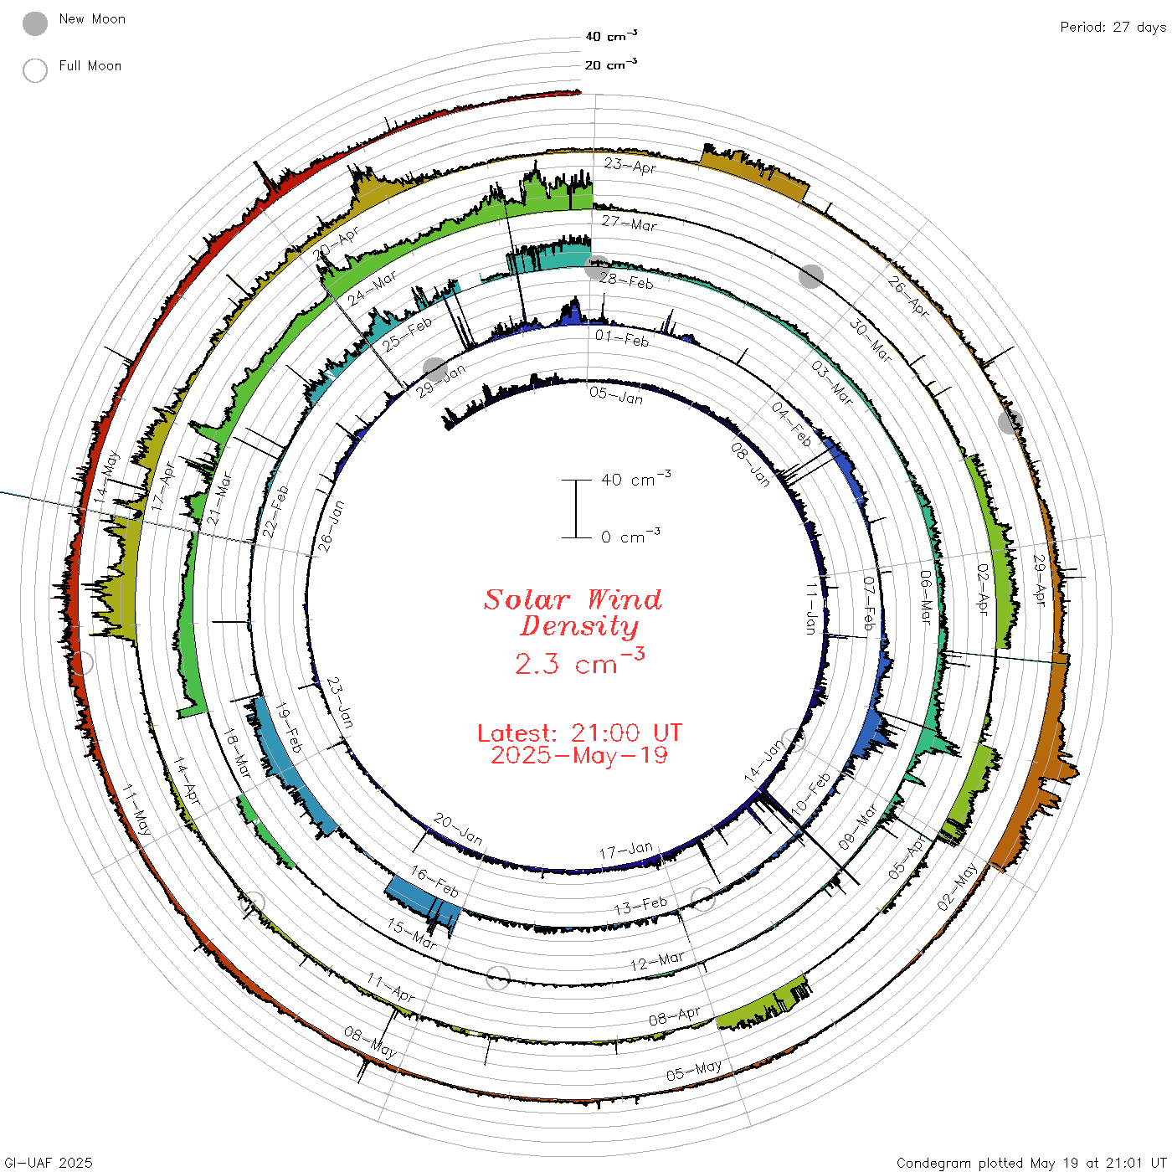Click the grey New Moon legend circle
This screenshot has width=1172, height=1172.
click(35, 23)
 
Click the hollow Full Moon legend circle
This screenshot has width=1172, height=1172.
click(35, 70)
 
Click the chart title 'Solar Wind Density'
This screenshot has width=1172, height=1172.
click(573, 613)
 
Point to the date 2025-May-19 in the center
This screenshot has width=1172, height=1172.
click(579, 755)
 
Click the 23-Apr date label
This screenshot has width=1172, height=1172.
click(630, 166)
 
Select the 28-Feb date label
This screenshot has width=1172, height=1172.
click(626, 281)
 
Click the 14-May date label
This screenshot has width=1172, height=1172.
click(106, 477)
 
